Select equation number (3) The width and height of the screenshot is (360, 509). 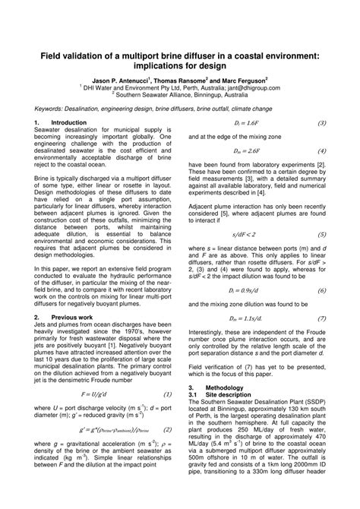(321, 122)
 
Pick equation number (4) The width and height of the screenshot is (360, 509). (321, 150)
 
